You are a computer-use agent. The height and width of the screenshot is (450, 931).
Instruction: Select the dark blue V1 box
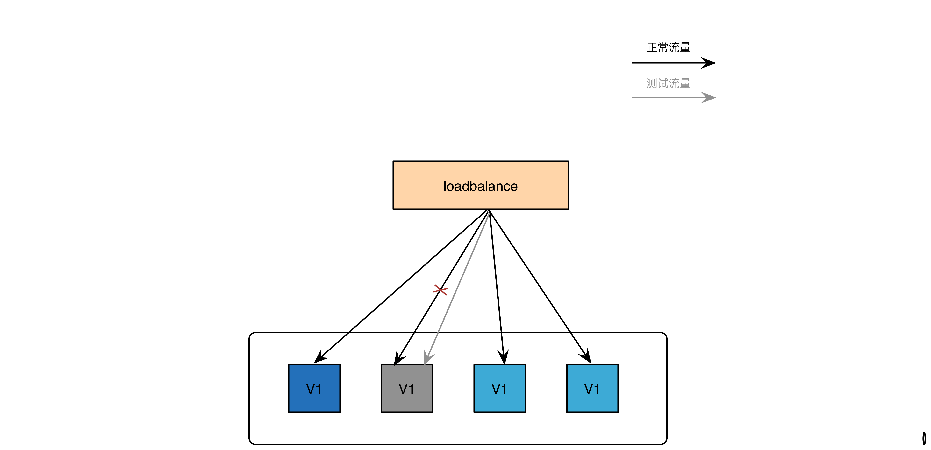pyautogui.click(x=314, y=388)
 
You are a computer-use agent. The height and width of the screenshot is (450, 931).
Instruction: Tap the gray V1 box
pyautogui.click(x=407, y=388)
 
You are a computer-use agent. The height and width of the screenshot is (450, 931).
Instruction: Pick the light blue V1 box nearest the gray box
pyautogui.click(x=499, y=388)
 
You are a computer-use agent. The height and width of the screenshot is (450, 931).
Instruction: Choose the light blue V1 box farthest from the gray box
pyautogui.click(x=592, y=388)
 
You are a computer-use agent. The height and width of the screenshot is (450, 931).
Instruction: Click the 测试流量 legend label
pyautogui.click(x=668, y=84)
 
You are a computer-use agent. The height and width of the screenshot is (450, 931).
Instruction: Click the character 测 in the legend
pyautogui.click(x=652, y=84)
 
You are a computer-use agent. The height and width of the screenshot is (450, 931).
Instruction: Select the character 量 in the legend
pyautogui.click(x=685, y=84)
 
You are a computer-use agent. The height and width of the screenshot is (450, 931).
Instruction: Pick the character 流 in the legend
pyautogui.click(x=674, y=84)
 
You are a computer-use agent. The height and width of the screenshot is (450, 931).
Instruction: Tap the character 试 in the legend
pyautogui.click(x=663, y=84)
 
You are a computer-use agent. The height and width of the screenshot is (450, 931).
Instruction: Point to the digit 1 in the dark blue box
pyautogui.click(x=318, y=389)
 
